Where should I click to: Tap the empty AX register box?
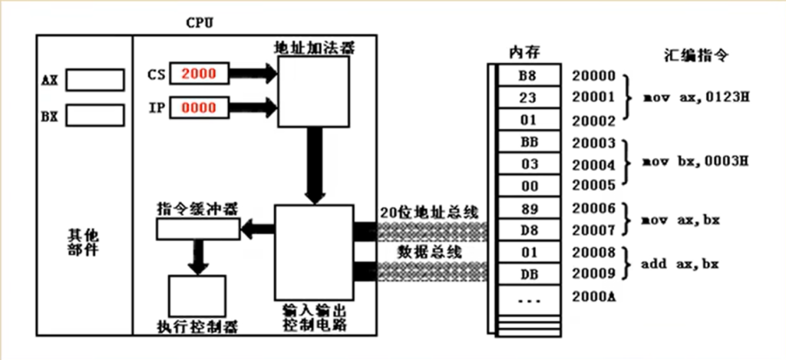coord(94,79)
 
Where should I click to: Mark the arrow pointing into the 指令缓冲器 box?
coord(257,228)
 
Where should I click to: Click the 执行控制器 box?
coord(197,295)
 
